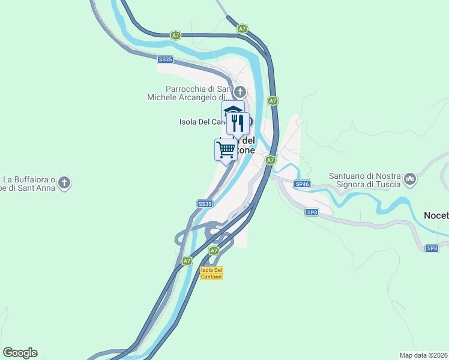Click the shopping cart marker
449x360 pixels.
225,149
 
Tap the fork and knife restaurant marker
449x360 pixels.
238,123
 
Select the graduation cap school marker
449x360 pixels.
232,112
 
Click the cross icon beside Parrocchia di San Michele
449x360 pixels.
240,92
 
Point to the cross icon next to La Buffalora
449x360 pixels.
65,182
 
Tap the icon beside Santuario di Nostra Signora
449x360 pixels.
410,178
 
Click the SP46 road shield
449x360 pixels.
301,184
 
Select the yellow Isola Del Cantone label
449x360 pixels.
211,273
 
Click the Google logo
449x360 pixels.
20,353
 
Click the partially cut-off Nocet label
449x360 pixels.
436,215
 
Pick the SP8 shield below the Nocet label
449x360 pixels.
432,248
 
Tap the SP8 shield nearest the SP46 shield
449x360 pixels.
312,212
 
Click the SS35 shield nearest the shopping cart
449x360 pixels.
205,204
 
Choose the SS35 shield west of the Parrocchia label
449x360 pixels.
165,59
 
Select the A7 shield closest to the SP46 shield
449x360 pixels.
271,160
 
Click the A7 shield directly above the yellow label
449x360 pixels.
214,250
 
